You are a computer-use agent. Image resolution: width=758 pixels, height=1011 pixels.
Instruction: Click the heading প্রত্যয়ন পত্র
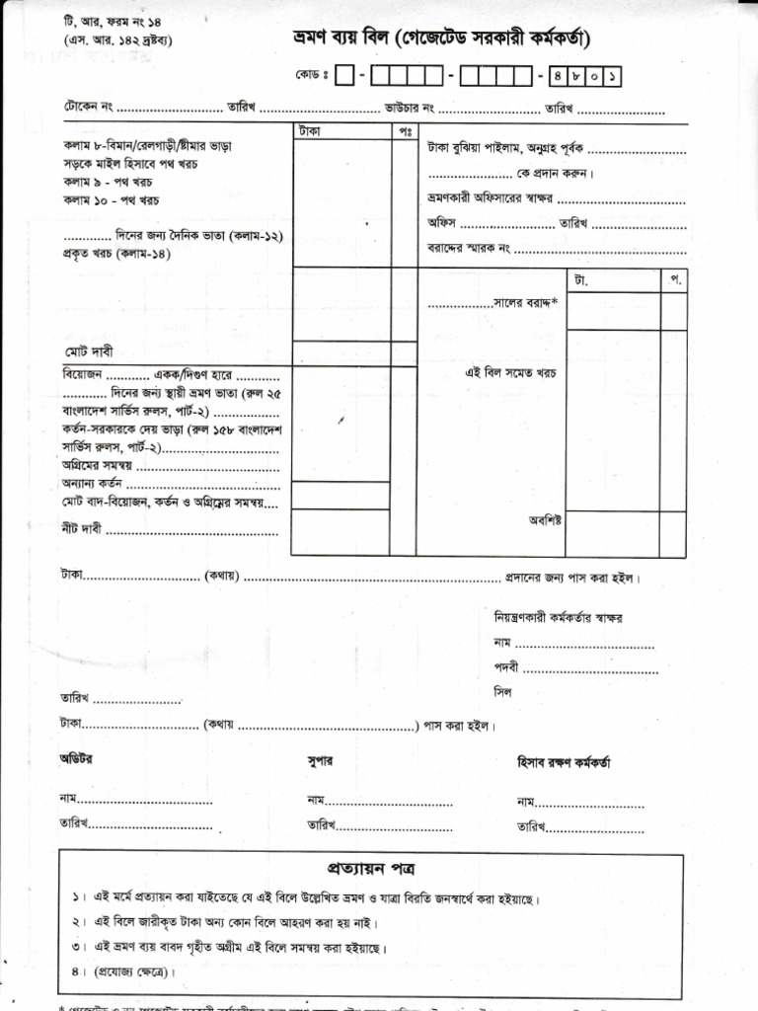point(370,869)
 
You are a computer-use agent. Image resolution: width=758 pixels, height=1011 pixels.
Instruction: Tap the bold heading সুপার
point(320,761)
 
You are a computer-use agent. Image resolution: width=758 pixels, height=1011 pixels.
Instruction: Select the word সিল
point(503,692)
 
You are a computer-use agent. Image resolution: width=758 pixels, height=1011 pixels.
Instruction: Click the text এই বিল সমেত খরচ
point(511,373)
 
